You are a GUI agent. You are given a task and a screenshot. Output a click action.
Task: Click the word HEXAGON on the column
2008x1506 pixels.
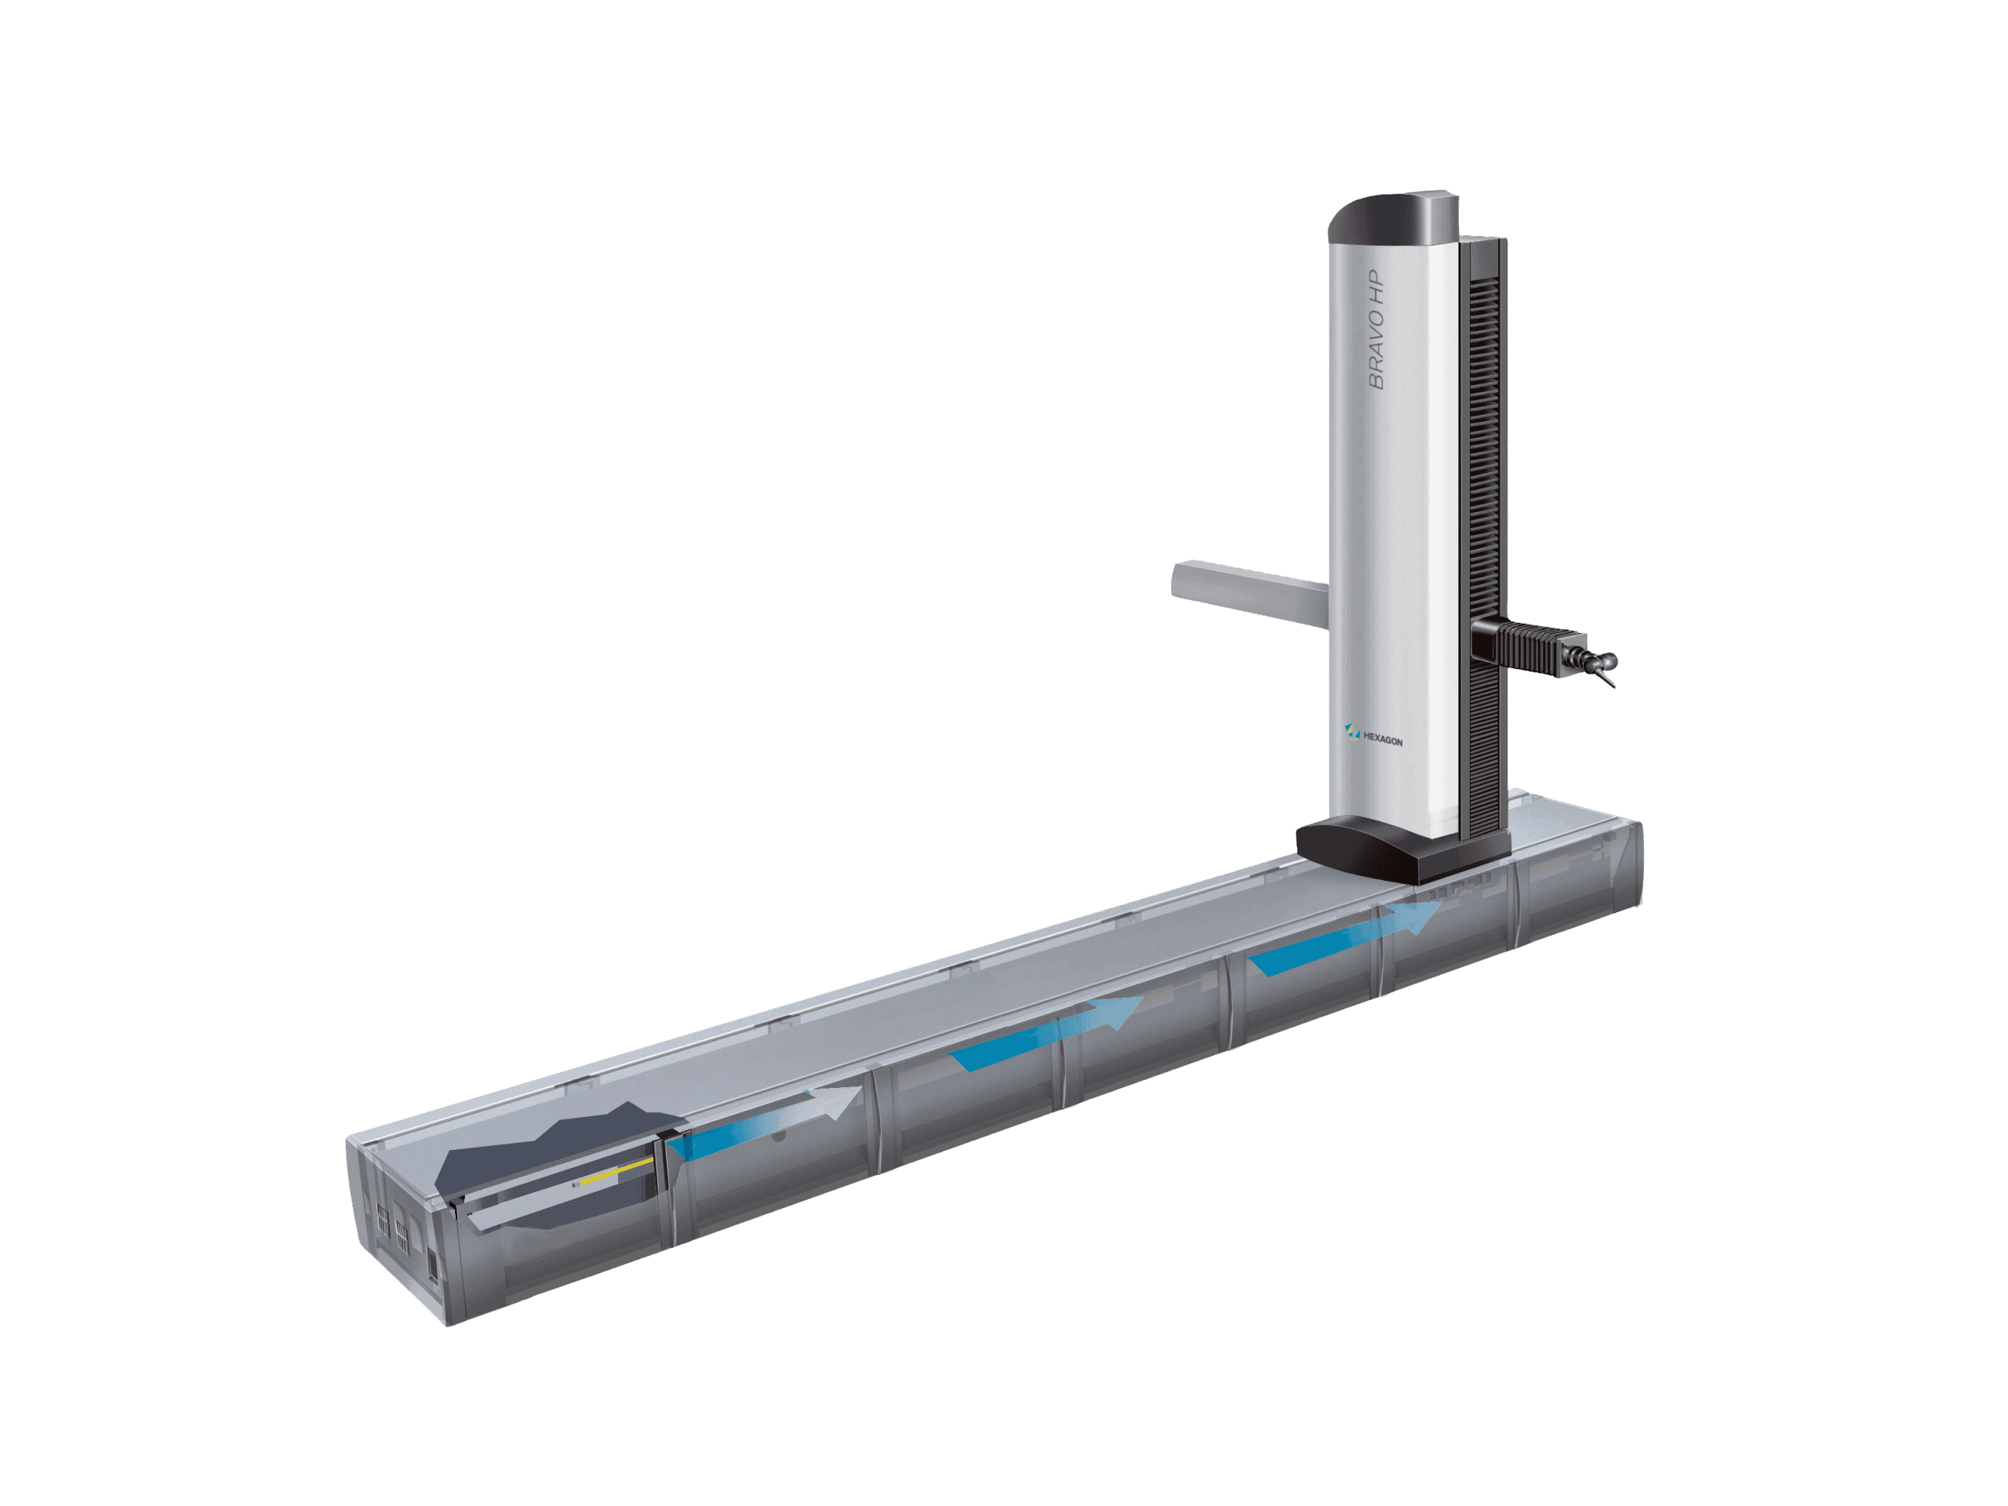click(1384, 740)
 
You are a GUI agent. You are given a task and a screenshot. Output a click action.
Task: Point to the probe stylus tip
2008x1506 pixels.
click(1613, 686)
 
